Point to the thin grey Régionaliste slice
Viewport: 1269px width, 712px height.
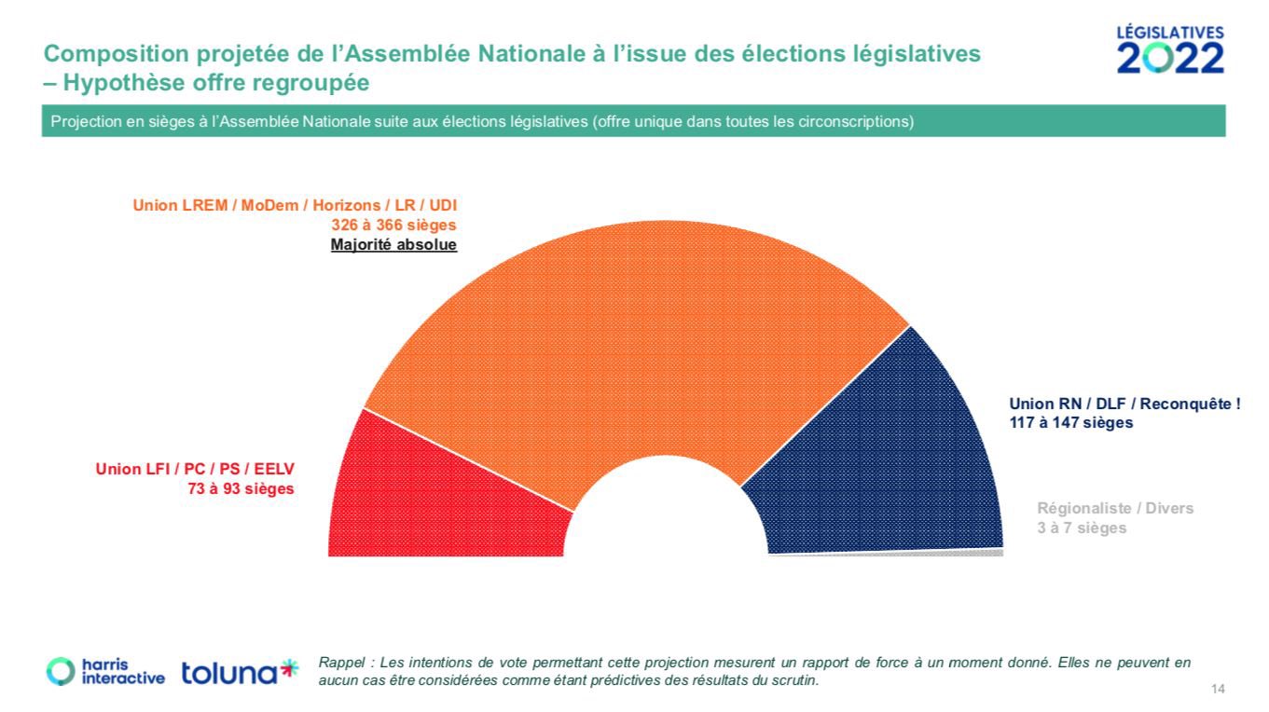tap(979, 553)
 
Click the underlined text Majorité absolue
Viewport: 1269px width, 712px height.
tap(393, 245)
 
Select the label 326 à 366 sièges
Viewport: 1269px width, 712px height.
tap(393, 226)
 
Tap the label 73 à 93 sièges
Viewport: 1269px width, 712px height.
tap(241, 488)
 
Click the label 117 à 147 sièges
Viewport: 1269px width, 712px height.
tap(1071, 422)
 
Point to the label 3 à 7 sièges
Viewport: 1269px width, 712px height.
tap(1082, 528)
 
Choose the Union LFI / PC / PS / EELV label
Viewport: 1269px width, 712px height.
tap(195, 469)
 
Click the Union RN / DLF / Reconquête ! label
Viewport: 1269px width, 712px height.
tap(1124, 404)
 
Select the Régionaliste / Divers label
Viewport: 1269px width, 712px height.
tap(1115, 509)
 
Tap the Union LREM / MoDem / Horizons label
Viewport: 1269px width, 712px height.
tap(295, 205)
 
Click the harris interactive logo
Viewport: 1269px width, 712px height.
tap(105, 671)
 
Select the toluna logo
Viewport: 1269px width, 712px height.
tap(240, 671)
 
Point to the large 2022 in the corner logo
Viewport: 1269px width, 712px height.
tap(1170, 58)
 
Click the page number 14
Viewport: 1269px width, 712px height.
tap(1218, 689)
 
